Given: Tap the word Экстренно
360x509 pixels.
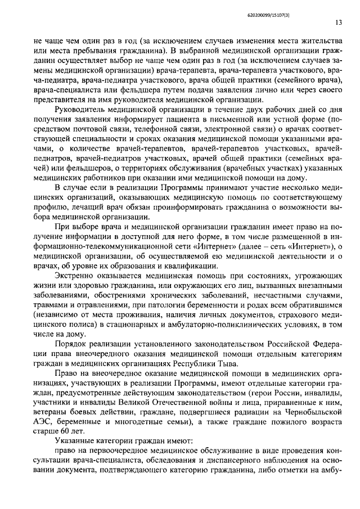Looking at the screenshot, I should pos(76,276).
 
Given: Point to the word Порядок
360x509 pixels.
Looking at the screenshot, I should pos(71,344).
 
